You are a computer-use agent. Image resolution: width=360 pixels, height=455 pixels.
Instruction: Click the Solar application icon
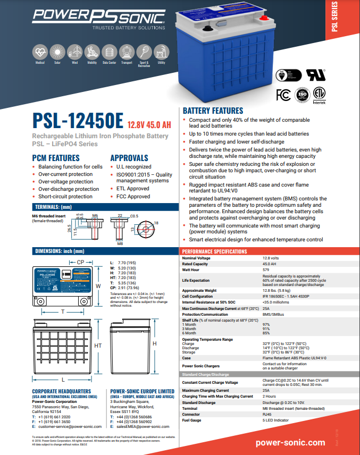pos(57,52)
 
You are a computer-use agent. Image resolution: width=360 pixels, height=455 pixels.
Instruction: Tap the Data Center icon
pos(109,52)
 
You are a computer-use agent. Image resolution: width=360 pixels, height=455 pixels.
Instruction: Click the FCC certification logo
pos(283,95)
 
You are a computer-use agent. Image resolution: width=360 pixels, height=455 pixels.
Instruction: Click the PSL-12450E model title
pos(78,121)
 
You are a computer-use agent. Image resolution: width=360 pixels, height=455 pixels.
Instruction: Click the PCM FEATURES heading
pos(56,158)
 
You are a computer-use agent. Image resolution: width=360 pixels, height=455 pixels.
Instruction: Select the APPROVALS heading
pos(129,158)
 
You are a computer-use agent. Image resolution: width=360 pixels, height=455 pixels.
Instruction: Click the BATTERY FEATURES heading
pos(213,111)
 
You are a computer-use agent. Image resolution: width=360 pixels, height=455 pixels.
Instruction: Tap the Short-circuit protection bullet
pos(65,196)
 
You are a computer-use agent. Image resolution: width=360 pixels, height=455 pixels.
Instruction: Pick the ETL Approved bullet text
pos(133,189)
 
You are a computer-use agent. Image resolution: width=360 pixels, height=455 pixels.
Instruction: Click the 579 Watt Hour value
pos(266,269)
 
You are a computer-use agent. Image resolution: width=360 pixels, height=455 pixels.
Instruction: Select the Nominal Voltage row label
pos(196,258)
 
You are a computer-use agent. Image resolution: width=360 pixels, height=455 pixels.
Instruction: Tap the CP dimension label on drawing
pos(80,263)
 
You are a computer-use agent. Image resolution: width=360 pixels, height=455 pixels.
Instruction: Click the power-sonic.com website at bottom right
pos(290,442)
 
